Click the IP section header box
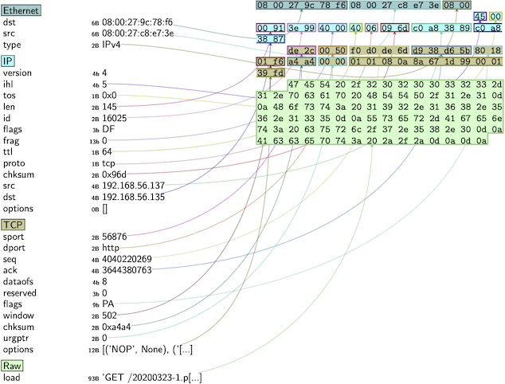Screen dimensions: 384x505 pos(8,61)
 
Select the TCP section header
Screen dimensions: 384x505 pos(13,224)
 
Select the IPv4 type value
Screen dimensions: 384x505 pos(114,46)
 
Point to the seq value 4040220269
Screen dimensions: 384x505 pos(127,260)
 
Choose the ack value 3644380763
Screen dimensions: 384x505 pos(127,271)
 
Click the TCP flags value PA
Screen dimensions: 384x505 pos(108,304)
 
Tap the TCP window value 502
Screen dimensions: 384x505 pos(110,315)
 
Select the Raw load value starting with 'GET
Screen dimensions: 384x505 pos(152,377)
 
